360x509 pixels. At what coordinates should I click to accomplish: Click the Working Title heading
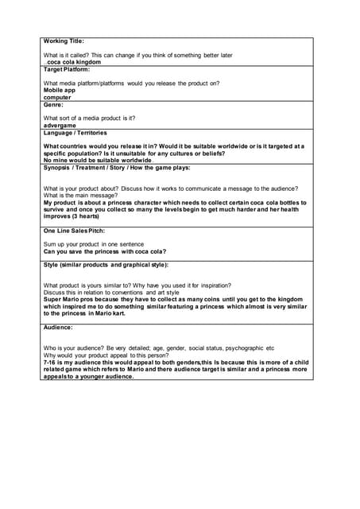click(63, 41)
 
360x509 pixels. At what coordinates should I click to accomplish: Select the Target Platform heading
click(67, 69)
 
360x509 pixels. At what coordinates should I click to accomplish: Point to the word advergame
click(61, 125)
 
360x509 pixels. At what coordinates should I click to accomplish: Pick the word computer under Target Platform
click(57, 97)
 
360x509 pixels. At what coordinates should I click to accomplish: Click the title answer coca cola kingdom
click(74, 61)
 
